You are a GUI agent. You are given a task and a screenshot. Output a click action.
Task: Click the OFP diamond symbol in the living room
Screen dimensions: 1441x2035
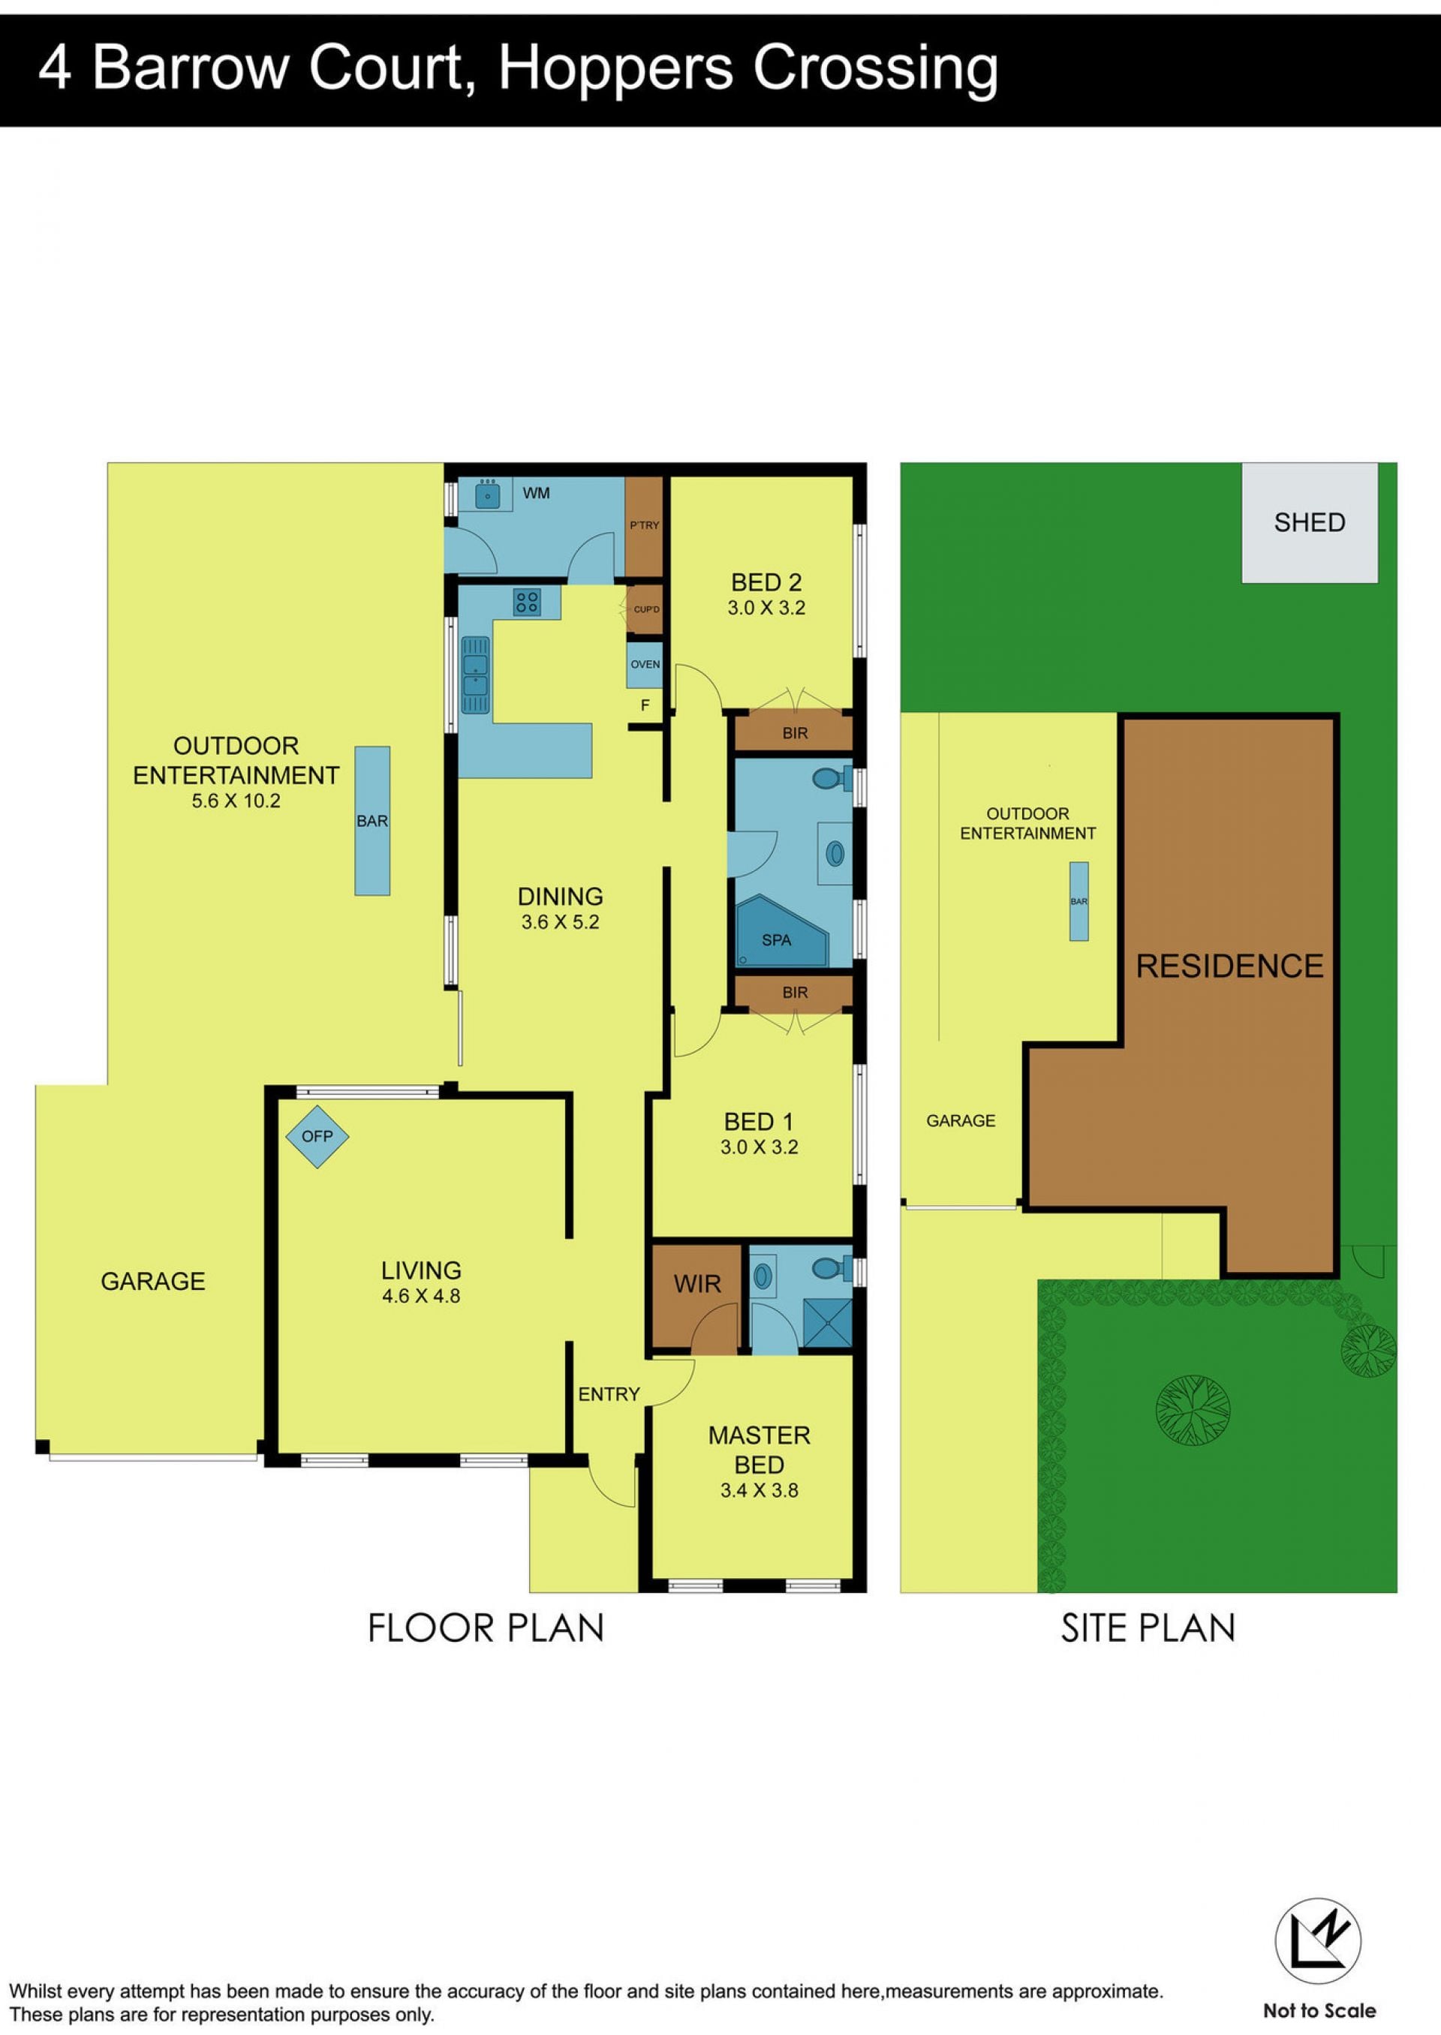tap(317, 1136)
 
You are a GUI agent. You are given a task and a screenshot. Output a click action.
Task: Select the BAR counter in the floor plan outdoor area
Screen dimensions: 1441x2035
tap(373, 821)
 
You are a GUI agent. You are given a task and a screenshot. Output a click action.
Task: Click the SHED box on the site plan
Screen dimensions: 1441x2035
tap(1310, 522)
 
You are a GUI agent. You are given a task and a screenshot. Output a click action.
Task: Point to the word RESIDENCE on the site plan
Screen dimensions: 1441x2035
tap(1230, 966)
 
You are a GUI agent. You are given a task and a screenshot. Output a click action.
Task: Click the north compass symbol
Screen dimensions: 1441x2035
tap(1319, 1942)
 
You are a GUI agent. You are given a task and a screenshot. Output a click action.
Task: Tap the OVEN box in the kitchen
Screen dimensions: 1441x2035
tap(645, 664)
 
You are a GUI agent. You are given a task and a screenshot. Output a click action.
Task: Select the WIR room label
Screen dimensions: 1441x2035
tap(697, 1284)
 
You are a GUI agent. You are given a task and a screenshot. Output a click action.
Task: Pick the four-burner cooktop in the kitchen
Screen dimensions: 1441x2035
tap(527, 603)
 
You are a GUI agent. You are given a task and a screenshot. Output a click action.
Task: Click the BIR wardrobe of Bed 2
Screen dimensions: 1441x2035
tap(794, 734)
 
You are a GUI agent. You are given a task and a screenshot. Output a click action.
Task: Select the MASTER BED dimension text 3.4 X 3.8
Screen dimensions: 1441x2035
tap(760, 1491)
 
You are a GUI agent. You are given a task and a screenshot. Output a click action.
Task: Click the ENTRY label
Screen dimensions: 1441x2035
tap(609, 1394)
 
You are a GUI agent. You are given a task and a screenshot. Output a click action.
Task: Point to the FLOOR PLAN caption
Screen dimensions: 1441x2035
tap(486, 1629)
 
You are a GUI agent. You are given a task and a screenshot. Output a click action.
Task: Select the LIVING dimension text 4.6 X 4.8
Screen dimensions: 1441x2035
tap(422, 1296)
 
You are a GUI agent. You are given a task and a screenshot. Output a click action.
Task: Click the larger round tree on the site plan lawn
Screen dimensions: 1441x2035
tap(1193, 1411)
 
